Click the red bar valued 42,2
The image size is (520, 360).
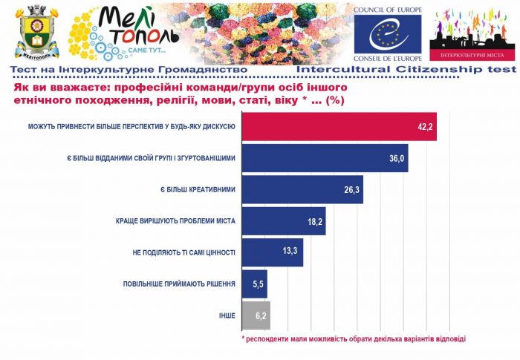pyautogui.click(x=339, y=127)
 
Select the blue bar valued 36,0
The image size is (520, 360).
pyautogui.click(x=325, y=158)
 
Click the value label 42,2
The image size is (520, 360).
pyautogui.click(x=425, y=127)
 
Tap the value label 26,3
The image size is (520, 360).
pyautogui.click(x=352, y=190)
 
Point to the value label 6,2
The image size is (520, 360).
pyautogui.click(x=259, y=315)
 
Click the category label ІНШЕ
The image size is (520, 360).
pyautogui.click(x=227, y=315)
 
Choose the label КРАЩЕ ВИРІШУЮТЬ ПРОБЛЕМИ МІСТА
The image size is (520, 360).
pyautogui.click(x=175, y=221)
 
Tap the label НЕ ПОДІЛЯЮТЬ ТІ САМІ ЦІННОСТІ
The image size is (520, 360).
pyautogui.click(x=184, y=252)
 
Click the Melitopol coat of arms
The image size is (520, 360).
pyautogui.click(x=32, y=33)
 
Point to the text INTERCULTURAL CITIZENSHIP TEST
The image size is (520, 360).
pyautogui.click(x=406, y=69)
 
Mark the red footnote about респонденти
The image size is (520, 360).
pyautogui.click(x=354, y=338)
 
